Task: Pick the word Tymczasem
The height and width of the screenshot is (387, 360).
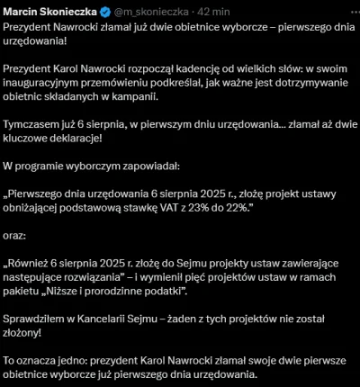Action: pos(34,129)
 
